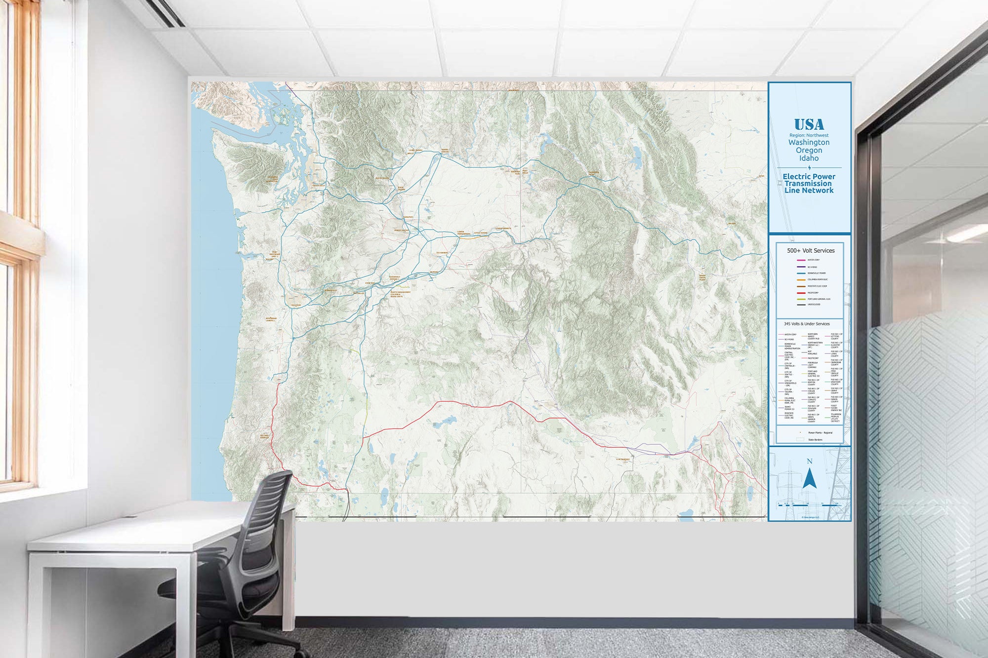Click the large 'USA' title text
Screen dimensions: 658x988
tap(809, 125)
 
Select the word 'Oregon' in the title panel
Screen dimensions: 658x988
tap(809, 151)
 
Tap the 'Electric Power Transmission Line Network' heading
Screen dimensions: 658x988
tap(809, 183)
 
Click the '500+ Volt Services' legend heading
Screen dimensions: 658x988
tap(811, 251)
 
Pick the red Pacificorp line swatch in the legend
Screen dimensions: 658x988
tap(801, 293)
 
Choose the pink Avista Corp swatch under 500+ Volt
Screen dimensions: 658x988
tap(801, 260)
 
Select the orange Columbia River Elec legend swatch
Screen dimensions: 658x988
tap(801, 280)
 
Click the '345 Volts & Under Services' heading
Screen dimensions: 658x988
tap(807, 324)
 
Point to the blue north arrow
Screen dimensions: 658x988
tap(809, 479)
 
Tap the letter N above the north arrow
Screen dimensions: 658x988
tap(809, 462)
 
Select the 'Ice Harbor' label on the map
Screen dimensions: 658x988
tap(442, 253)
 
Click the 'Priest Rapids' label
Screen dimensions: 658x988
tap(401, 231)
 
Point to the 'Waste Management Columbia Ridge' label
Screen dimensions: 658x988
tap(400, 294)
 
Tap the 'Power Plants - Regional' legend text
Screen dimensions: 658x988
tap(820, 433)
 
